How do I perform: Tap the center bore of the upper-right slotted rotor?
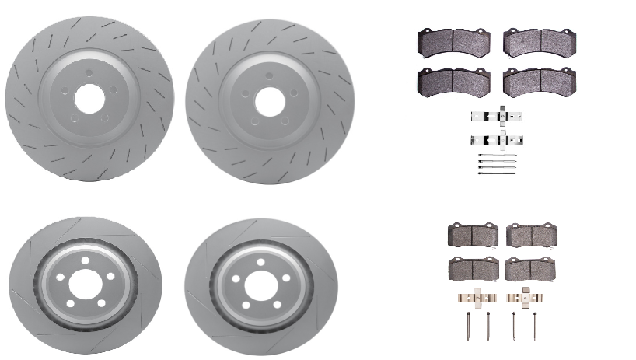(x=270, y=100)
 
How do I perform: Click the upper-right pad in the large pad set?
(x=540, y=43)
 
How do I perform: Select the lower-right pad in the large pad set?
(x=540, y=81)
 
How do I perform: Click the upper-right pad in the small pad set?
(x=532, y=235)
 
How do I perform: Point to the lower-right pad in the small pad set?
(x=530, y=269)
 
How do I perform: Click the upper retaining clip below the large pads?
(x=497, y=117)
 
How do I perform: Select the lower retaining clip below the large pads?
(x=497, y=141)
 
